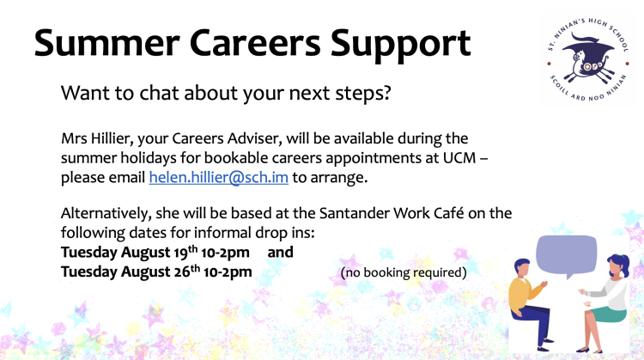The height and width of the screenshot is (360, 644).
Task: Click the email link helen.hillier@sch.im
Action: click(x=218, y=178)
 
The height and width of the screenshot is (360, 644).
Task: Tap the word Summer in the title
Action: click(x=107, y=43)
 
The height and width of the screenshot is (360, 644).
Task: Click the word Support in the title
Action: click(x=400, y=46)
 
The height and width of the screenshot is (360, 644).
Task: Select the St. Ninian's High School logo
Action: click(x=587, y=59)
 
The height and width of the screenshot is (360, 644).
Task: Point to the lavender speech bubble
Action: click(x=567, y=255)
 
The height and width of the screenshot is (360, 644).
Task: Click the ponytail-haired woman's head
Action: click(x=618, y=265)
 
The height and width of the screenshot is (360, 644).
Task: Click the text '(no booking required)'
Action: click(x=404, y=272)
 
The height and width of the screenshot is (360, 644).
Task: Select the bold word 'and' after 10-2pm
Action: click(x=280, y=253)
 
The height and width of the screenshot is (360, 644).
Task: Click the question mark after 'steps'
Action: click(x=386, y=93)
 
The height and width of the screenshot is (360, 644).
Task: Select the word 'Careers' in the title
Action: click(x=255, y=43)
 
